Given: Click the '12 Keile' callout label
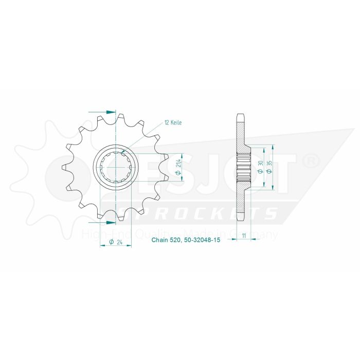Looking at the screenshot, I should coord(173,123).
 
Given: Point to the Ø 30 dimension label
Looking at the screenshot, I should coord(261,167).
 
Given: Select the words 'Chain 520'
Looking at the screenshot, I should coord(165,240).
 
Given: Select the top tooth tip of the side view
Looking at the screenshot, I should coord(240,115).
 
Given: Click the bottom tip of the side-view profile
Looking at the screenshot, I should coord(240,220).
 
